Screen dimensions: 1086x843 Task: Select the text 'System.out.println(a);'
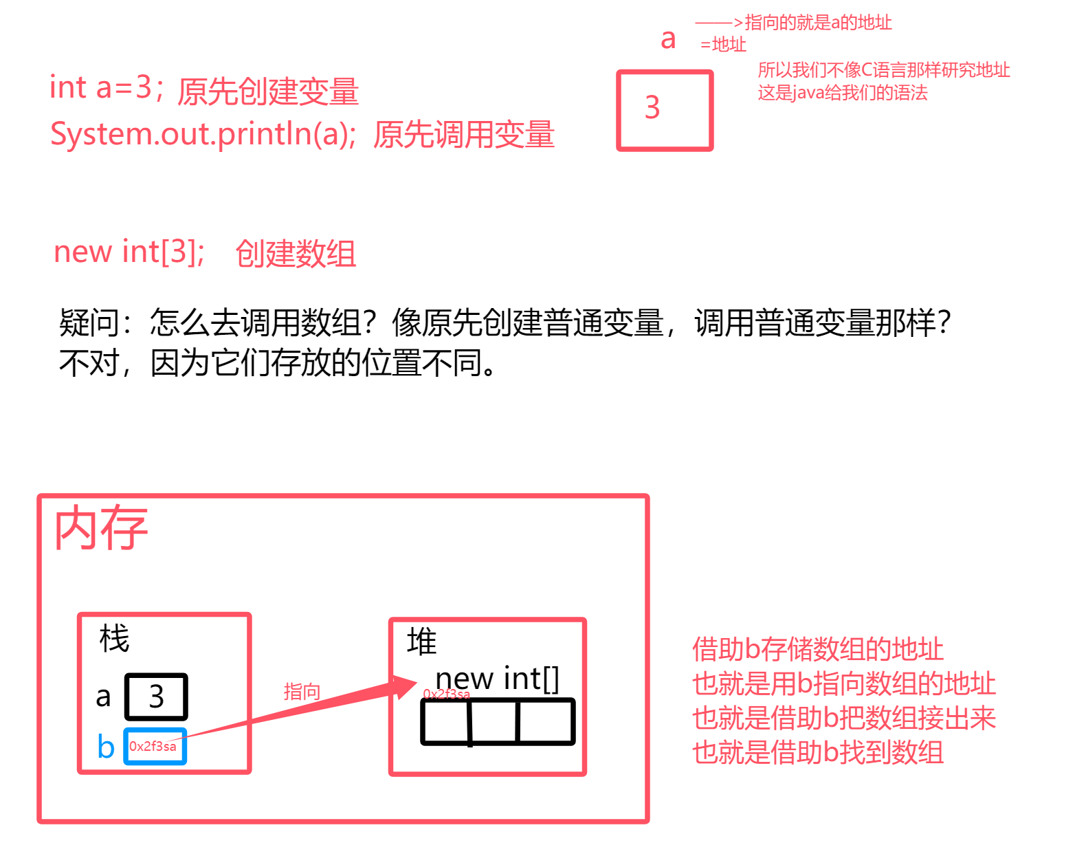coord(203,133)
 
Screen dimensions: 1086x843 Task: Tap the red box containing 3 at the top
coord(664,110)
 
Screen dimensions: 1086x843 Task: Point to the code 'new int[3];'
coord(129,252)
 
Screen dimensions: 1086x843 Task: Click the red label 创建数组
coord(296,253)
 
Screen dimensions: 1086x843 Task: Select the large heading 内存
coord(101,528)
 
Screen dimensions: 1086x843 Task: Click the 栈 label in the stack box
coord(114,638)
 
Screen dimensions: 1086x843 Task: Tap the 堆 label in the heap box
coord(421,641)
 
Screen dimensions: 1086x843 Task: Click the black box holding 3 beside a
coord(156,697)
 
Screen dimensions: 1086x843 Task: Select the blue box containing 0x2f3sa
coord(155,746)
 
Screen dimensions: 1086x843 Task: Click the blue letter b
coord(106,747)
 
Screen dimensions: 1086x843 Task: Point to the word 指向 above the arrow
coord(302,691)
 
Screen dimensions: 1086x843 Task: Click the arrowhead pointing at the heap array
coord(406,686)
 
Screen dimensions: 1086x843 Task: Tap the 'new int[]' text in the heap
coord(498,679)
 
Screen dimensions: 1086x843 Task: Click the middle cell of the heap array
coord(494,722)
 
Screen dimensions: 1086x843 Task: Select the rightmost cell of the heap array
coord(546,722)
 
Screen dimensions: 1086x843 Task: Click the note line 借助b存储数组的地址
coord(817,649)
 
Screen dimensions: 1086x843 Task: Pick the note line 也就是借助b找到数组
coord(817,752)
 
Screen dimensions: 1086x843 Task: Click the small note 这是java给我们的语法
coord(843,93)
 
